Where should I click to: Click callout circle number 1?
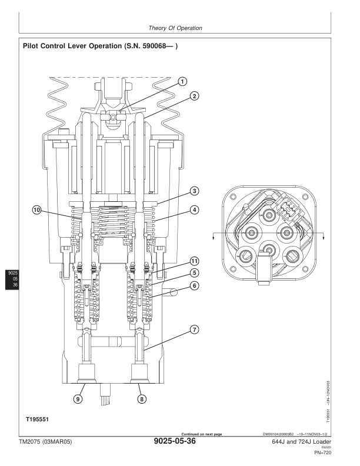tap(182, 81)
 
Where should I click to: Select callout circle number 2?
tap(194, 95)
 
